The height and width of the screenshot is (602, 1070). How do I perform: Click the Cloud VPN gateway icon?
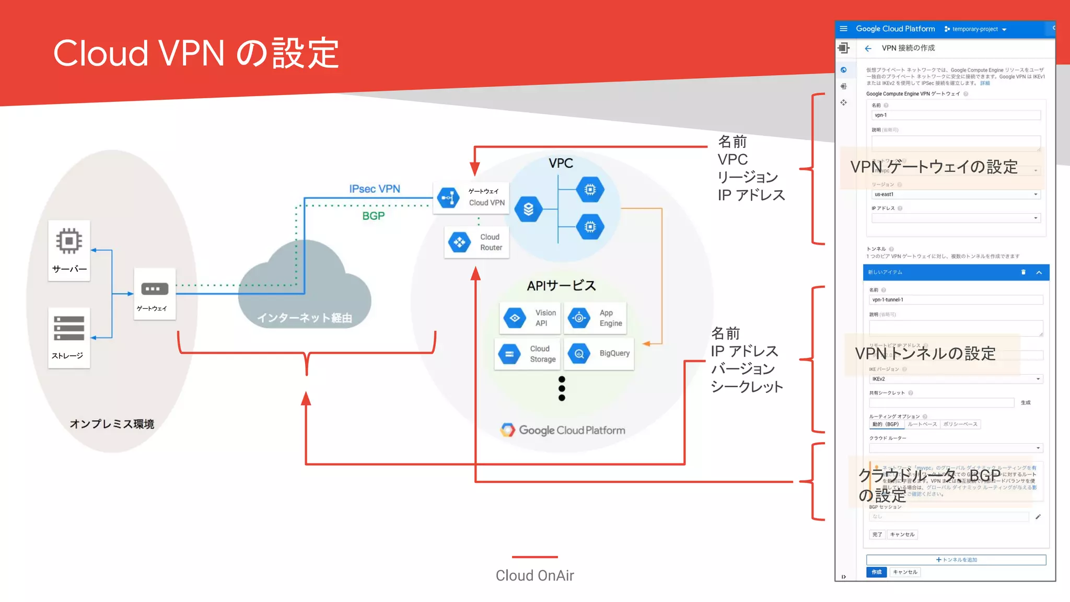pos(448,198)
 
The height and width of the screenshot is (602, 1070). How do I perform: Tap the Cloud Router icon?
pos(460,242)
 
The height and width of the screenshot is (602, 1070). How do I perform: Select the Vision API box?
pos(530,318)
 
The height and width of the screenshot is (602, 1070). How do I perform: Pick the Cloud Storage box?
pos(527,354)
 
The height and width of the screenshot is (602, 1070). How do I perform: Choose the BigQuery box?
pos(600,354)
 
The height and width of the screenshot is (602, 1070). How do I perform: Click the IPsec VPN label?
pos(375,189)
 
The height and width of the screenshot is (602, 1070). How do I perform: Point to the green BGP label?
pos(373,216)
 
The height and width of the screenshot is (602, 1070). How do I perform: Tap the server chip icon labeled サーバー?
pos(69,241)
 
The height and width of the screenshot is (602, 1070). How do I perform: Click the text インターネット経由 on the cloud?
pos(304,318)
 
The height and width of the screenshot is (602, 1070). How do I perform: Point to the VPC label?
pos(561,163)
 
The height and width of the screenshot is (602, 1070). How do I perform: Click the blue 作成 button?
pos(876,572)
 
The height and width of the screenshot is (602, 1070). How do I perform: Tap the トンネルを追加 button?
pos(956,560)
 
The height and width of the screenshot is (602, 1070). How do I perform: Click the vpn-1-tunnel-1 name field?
pos(955,300)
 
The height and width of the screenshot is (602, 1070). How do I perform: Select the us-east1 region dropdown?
pos(955,194)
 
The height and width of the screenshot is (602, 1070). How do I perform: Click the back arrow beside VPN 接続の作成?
pos(868,48)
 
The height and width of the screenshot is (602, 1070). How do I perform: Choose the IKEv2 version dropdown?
pos(955,379)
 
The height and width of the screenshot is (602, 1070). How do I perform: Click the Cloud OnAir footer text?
pos(534,575)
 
